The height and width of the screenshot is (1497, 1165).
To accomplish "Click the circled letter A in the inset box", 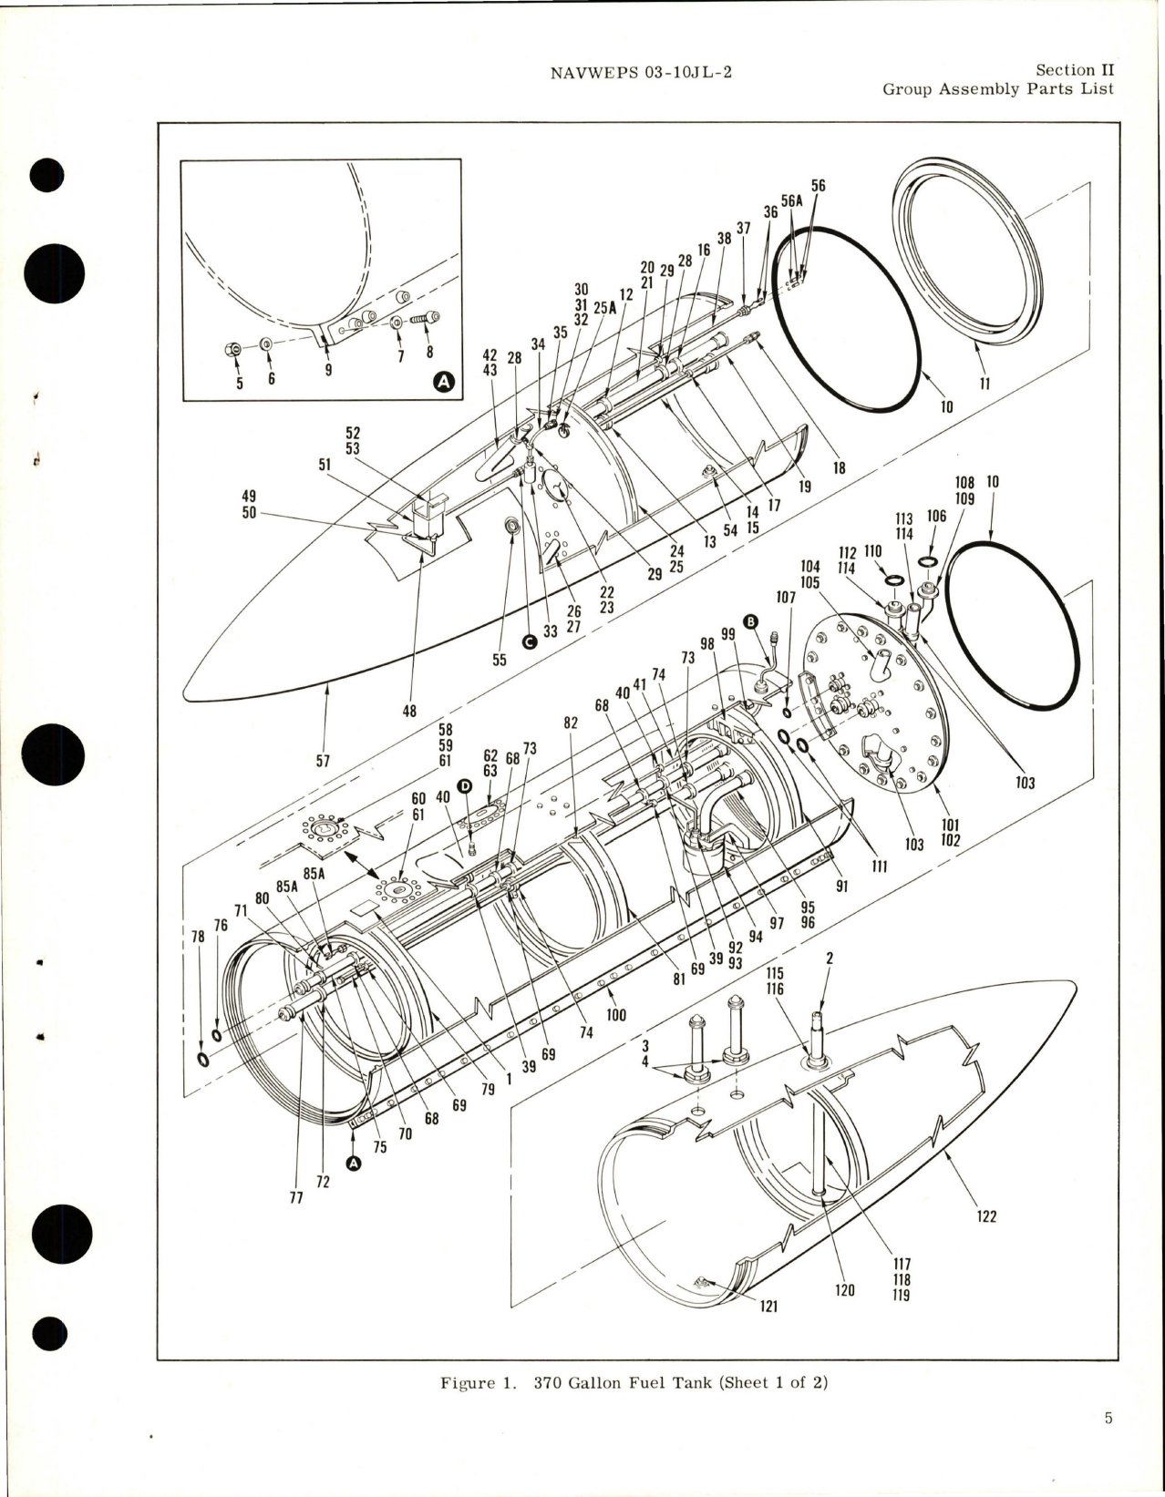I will pos(443,384).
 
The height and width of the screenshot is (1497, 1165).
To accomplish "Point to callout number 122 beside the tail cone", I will pos(985,1216).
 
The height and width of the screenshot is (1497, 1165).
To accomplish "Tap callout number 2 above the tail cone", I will pos(829,959).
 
